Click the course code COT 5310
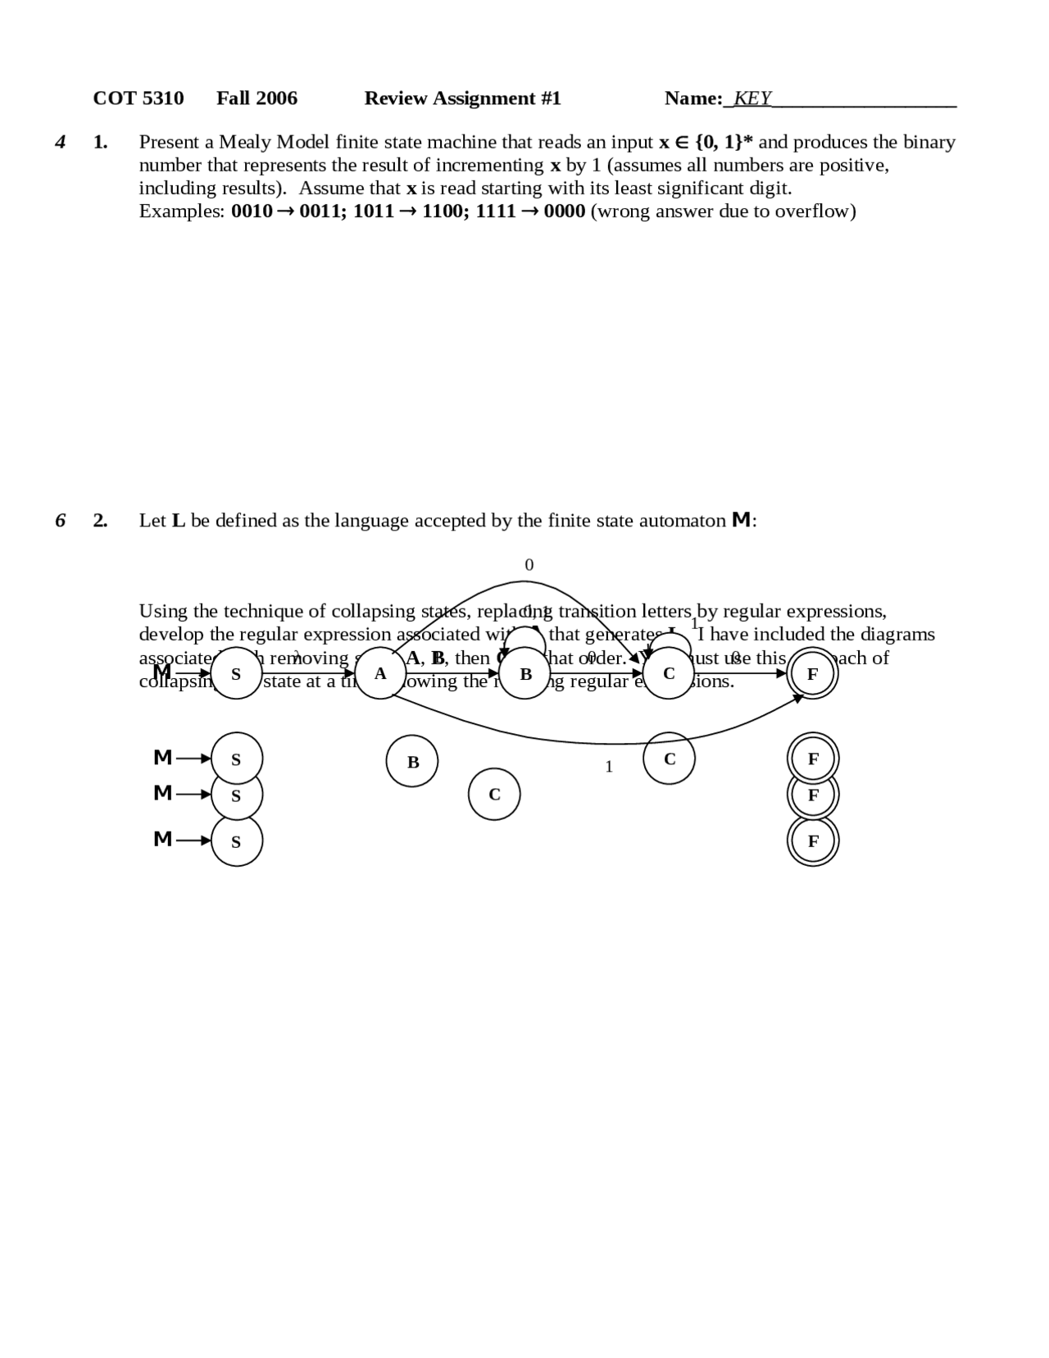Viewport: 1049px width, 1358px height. pyautogui.click(x=138, y=98)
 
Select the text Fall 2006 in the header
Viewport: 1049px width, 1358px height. pyautogui.click(x=257, y=98)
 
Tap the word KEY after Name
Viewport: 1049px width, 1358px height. pyautogui.click(x=752, y=98)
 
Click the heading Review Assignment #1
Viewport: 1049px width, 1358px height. pyautogui.click(x=462, y=98)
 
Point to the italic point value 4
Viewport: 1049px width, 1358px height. pyautogui.click(x=60, y=142)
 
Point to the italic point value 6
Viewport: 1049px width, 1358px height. pyautogui.click(x=60, y=521)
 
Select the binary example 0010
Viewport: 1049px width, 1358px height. pyautogui.click(x=251, y=212)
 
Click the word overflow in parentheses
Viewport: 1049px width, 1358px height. pyautogui.click(x=812, y=212)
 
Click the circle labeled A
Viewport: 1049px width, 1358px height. pyautogui.click(x=380, y=673)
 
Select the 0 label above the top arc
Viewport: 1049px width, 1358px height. pyautogui.click(x=529, y=565)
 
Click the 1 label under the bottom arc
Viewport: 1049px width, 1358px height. pyautogui.click(x=608, y=767)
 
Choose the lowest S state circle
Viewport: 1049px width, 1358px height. pyautogui.click(x=237, y=841)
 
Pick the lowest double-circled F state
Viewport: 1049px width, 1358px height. pyautogui.click(x=813, y=841)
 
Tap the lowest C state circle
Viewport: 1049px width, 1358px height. pyautogui.click(x=494, y=794)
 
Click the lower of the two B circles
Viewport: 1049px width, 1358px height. pyautogui.click(x=412, y=761)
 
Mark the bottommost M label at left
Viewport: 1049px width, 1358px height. pyautogui.click(x=163, y=839)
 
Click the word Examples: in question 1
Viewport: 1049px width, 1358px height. pyautogui.click(x=181, y=212)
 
